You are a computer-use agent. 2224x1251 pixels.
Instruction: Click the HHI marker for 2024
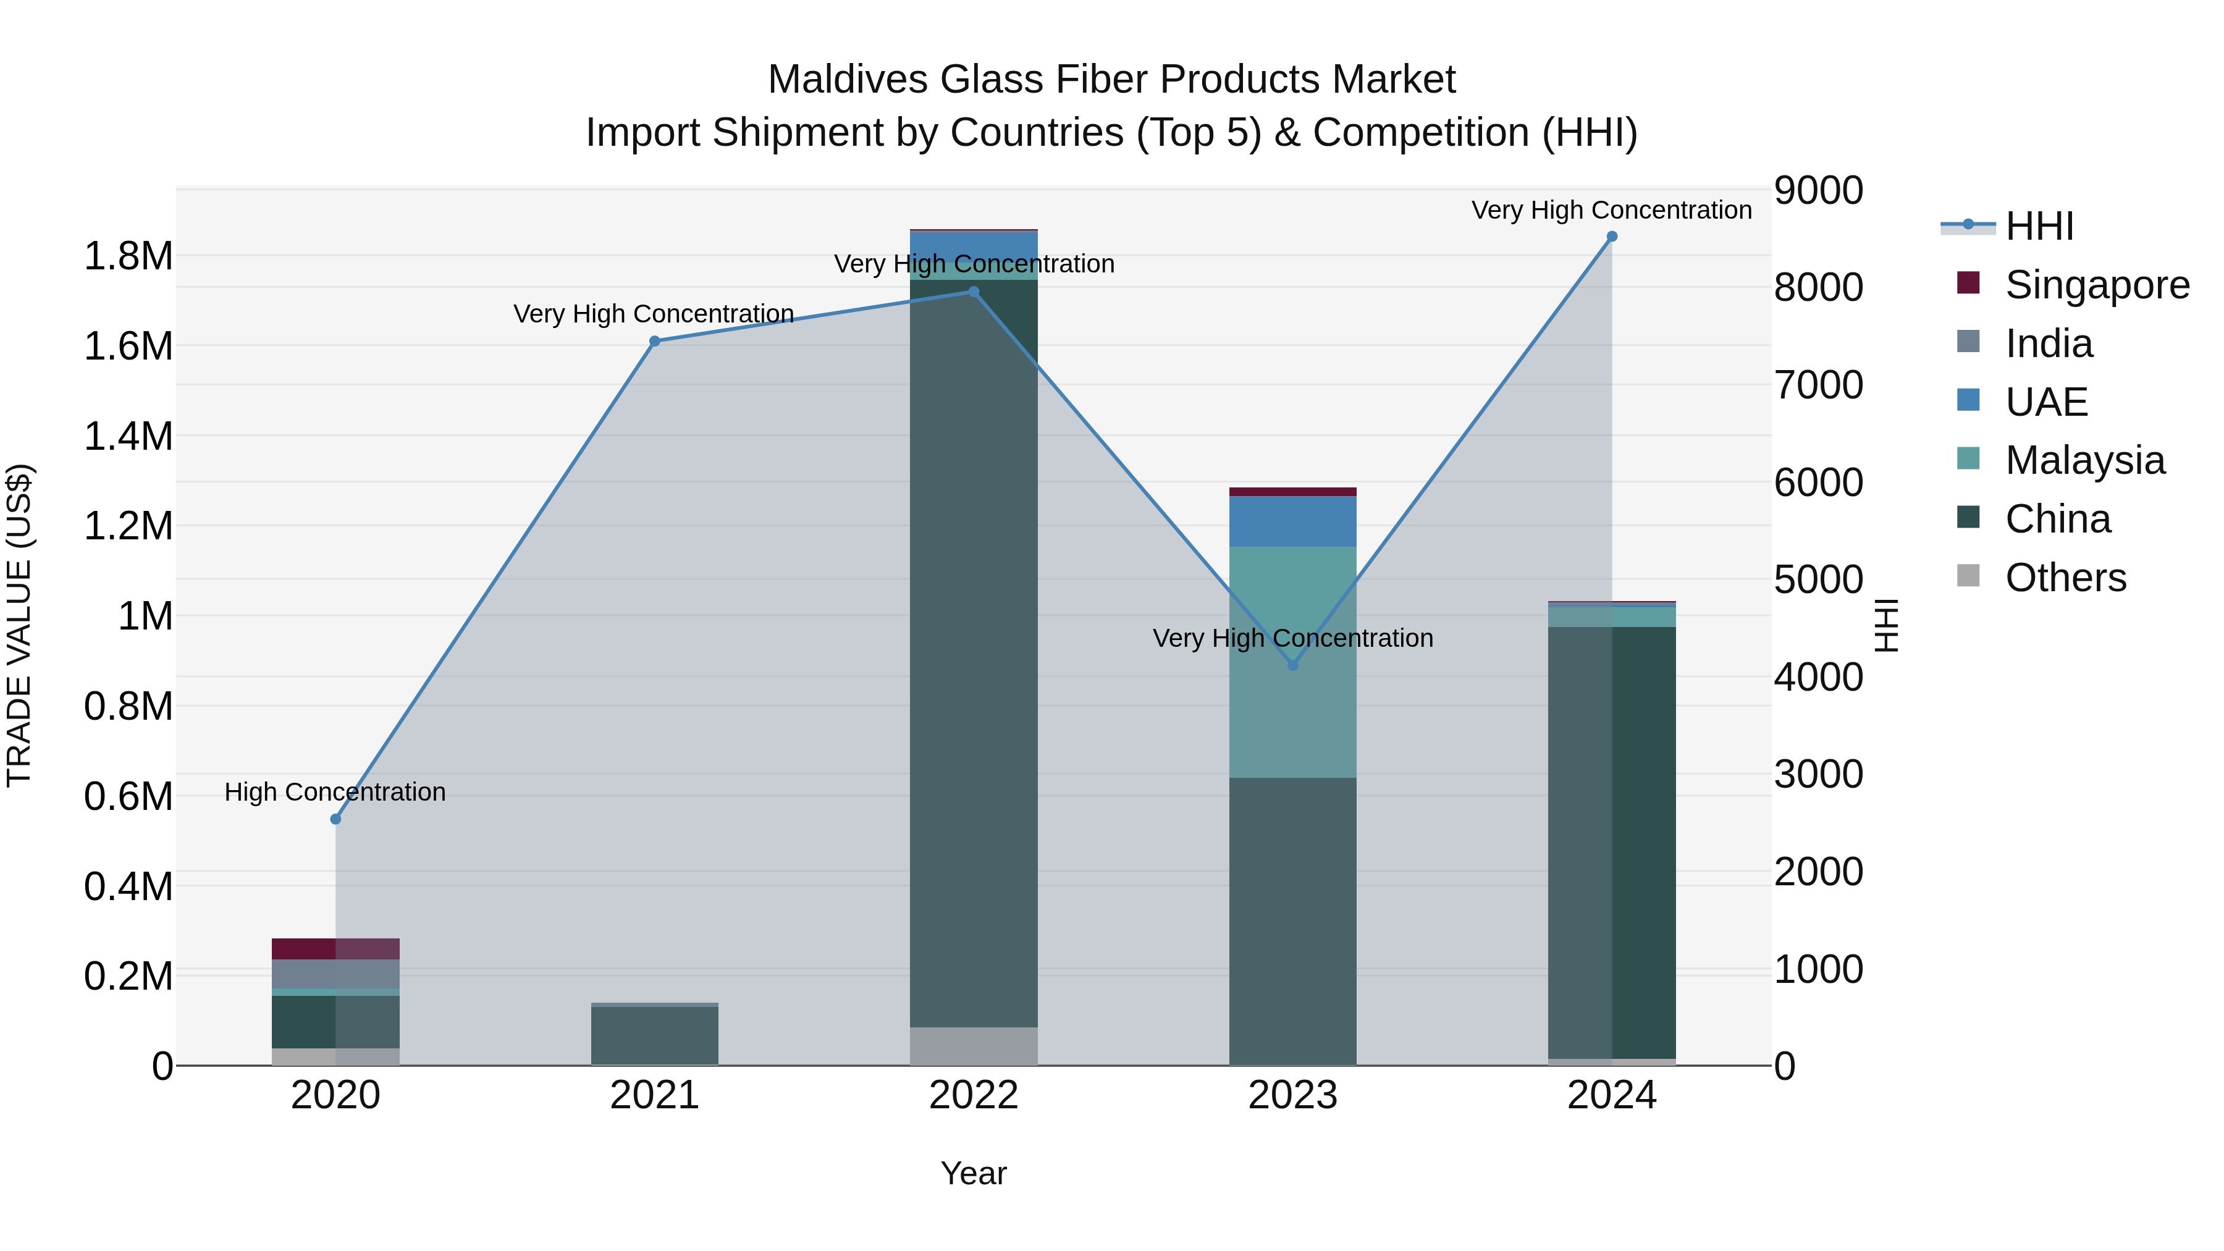point(1611,237)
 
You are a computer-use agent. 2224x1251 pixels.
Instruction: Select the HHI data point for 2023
point(1292,665)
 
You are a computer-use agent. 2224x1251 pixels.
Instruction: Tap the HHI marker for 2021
point(654,341)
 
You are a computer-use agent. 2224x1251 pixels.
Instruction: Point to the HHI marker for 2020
point(336,819)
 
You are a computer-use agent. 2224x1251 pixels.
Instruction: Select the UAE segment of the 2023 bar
point(1292,521)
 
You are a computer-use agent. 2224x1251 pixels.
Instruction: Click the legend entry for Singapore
point(2096,285)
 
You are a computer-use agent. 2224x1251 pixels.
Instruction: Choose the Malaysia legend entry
point(2084,460)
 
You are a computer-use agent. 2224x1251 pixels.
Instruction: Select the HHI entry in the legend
point(2039,226)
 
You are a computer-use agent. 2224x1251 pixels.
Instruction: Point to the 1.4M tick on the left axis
point(128,436)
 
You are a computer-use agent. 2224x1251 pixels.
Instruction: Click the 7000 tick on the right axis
point(1818,385)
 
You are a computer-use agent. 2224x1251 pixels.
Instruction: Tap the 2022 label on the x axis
point(973,1095)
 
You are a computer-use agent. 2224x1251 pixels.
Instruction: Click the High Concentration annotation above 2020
point(335,792)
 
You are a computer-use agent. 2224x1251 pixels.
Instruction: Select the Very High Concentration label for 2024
point(1611,210)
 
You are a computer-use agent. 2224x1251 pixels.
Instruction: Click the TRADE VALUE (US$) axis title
point(19,625)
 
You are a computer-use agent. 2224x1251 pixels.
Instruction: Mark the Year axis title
point(973,1173)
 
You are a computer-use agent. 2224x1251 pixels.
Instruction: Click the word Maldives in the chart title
point(847,80)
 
